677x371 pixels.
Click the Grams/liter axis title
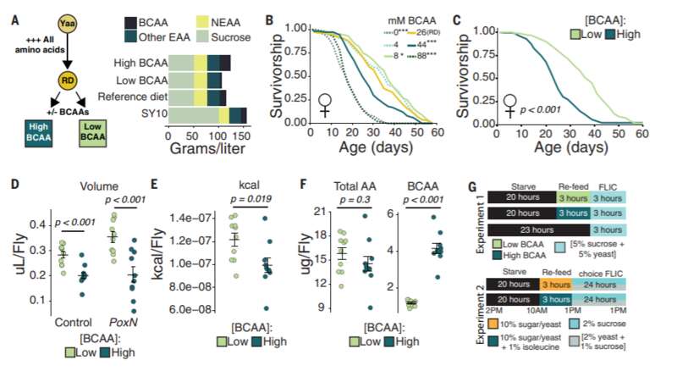click(x=208, y=149)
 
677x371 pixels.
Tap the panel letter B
click(x=268, y=11)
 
